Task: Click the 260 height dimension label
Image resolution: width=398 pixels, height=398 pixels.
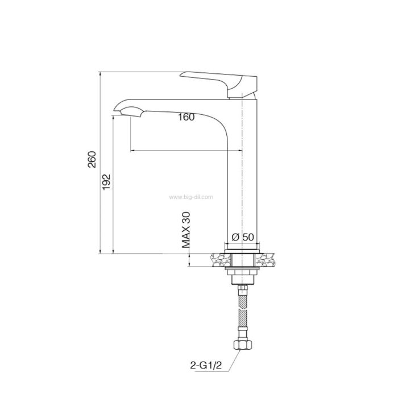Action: [x=92, y=159]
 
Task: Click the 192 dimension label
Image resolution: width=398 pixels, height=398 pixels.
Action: [x=106, y=182]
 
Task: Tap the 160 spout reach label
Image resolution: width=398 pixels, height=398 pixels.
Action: [x=186, y=117]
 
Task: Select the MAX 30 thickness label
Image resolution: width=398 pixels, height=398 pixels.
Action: [x=186, y=230]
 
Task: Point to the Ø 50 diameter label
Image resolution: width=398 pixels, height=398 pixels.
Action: [x=243, y=237]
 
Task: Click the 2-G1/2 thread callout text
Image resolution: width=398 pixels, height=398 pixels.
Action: [x=206, y=365]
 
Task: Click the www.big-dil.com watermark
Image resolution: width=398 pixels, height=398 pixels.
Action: [x=191, y=197]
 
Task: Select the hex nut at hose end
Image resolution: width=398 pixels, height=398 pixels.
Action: [x=242, y=345]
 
